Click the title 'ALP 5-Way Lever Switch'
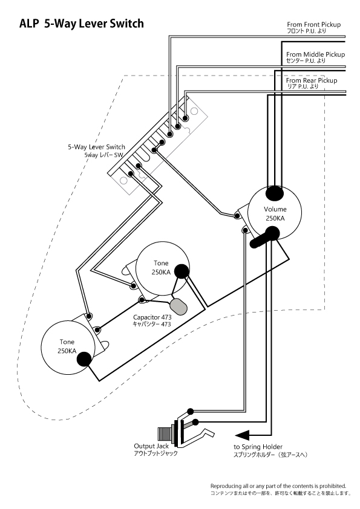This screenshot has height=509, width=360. [x=82, y=24]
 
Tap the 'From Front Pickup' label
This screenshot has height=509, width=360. [x=313, y=24]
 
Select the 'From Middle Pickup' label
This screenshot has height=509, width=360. [x=315, y=54]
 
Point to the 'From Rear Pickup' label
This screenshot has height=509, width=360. [x=312, y=80]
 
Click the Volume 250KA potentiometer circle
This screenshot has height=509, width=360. [x=275, y=213]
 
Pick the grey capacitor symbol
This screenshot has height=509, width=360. [x=178, y=306]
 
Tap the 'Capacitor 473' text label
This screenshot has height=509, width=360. [x=152, y=317]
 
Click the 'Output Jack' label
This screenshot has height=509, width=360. [x=151, y=446]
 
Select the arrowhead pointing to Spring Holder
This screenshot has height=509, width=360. [x=242, y=435]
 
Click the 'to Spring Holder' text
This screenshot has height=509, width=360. [x=258, y=447]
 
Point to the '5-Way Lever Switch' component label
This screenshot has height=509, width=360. [x=96, y=147]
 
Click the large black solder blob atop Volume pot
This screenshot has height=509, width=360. [x=275, y=193]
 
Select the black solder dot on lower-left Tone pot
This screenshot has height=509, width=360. [x=84, y=359]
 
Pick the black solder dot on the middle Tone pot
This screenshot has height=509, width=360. [x=182, y=271]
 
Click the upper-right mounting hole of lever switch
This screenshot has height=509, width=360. [x=194, y=111]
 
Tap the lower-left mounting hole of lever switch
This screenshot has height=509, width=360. [x=123, y=180]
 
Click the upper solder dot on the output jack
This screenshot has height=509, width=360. [x=191, y=412]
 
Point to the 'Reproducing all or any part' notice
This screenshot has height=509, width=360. [x=278, y=486]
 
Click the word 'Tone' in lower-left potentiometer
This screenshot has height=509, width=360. [x=67, y=342]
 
